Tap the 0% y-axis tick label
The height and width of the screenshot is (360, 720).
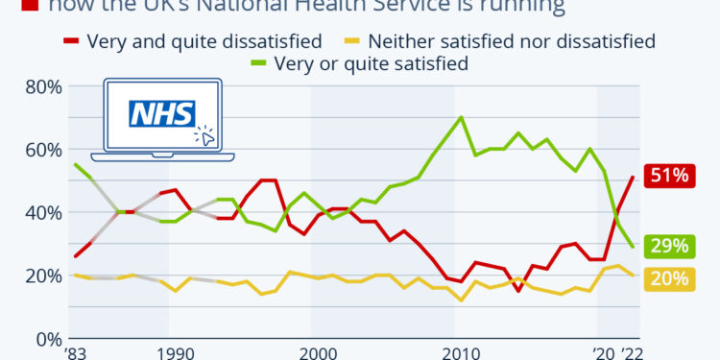point(47,339)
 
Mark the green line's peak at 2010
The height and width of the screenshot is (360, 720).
point(462,118)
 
